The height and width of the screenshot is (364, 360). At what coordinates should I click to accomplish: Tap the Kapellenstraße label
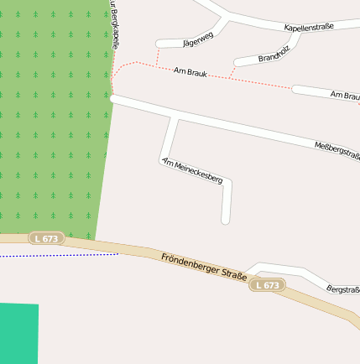click(x=309, y=27)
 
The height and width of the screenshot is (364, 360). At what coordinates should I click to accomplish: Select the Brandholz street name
click(x=273, y=58)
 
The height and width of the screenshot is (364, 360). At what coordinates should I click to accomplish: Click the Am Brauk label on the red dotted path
click(x=190, y=73)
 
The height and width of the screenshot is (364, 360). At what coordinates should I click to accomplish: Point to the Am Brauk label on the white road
click(x=344, y=95)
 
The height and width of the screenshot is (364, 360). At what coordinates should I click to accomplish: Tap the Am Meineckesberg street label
click(x=192, y=170)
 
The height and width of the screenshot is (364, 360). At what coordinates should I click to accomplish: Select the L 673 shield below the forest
click(x=46, y=238)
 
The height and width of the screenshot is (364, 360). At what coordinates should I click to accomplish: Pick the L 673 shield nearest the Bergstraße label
click(x=266, y=285)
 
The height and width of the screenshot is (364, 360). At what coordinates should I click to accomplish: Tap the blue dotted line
click(x=59, y=255)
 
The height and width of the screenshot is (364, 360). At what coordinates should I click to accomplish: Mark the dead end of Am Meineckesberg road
click(x=225, y=221)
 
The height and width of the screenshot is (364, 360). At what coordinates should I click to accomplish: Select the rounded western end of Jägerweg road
click(x=159, y=44)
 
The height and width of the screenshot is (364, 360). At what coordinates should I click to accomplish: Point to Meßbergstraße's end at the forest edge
click(x=113, y=98)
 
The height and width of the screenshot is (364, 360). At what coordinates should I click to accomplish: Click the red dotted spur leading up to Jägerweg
click(x=157, y=55)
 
